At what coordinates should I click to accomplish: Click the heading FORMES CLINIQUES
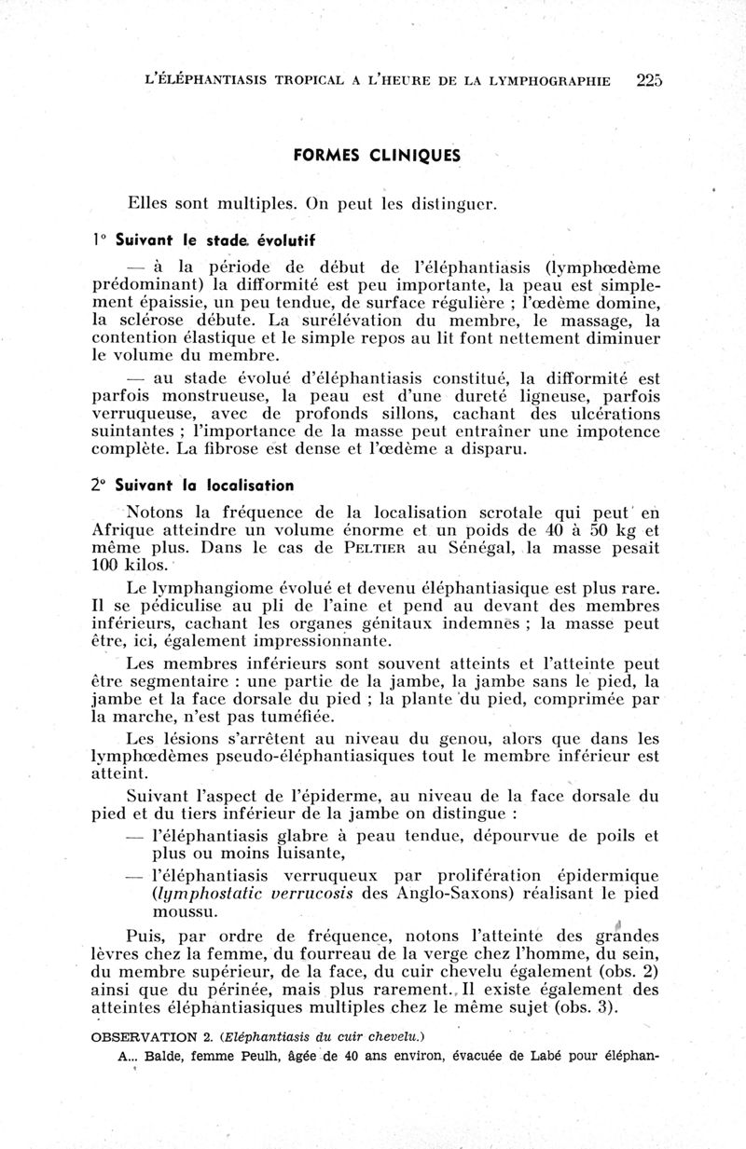click(392, 156)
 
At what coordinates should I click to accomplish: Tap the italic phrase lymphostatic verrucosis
click(252, 894)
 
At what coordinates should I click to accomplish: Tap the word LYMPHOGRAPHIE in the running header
click(552, 81)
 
